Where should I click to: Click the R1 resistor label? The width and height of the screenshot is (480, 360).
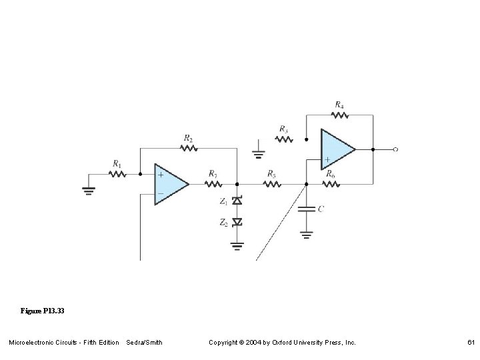click(117, 163)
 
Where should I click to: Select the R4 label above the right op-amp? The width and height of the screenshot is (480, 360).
click(339, 105)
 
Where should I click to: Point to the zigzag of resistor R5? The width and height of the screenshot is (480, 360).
click(271, 183)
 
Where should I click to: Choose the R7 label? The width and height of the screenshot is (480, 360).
click(213, 172)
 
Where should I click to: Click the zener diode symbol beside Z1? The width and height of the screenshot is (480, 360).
click(237, 201)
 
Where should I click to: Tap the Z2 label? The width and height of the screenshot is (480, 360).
click(223, 223)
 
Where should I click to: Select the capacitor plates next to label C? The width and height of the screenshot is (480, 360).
click(306, 209)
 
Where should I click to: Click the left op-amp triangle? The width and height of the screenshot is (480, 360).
click(170, 183)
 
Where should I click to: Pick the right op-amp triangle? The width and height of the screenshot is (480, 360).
click(337, 149)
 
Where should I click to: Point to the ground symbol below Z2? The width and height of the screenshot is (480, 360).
click(237, 245)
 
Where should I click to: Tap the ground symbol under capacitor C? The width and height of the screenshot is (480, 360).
click(306, 234)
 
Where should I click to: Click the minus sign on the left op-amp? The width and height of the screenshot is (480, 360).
click(160, 193)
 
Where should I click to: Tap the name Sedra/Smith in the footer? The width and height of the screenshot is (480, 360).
click(144, 343)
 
